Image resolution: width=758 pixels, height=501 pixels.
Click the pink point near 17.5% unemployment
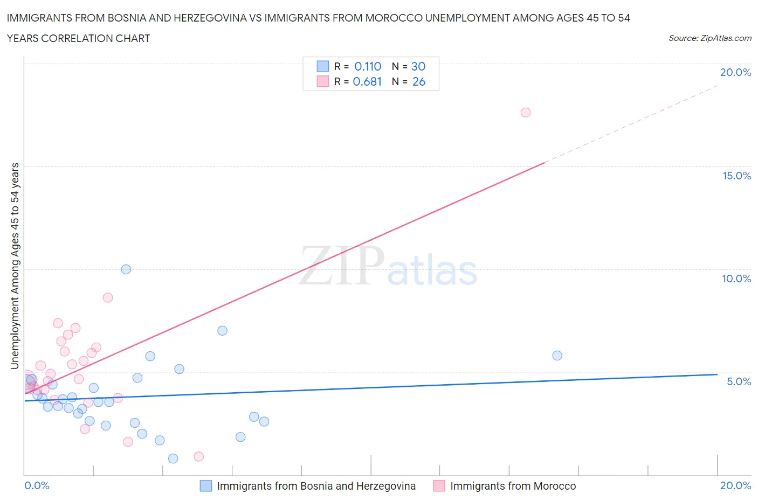[526, 113]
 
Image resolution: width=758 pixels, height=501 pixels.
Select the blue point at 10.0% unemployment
[126, 269]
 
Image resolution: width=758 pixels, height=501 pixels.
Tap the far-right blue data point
[557, 356]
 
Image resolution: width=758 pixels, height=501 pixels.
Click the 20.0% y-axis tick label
[735, 73]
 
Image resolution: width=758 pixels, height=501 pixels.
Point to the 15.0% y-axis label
[736, 176]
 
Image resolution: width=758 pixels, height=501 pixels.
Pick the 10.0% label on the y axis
[736, 279]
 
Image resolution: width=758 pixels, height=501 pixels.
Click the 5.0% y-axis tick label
[739, 381]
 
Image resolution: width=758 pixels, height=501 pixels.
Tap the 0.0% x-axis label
[37, 485]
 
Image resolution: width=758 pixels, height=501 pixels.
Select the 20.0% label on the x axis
[735, 485]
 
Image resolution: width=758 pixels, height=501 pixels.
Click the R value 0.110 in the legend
[368, 66]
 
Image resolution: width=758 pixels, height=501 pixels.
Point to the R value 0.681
[367, 81]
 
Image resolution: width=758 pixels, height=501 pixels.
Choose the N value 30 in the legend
[418, 66]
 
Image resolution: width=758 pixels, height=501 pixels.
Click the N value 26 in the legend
[419, 81]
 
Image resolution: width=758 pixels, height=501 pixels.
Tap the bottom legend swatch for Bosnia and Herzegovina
[206, 486]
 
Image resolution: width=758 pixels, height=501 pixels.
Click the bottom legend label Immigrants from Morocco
[513, 486]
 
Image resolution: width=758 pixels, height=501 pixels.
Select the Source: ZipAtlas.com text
[709, 38]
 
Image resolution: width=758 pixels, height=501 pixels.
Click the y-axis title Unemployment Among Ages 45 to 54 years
[15, 266]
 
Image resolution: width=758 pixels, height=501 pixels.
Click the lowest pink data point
[199, 456]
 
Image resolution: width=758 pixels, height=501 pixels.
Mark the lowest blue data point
[173, 458]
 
